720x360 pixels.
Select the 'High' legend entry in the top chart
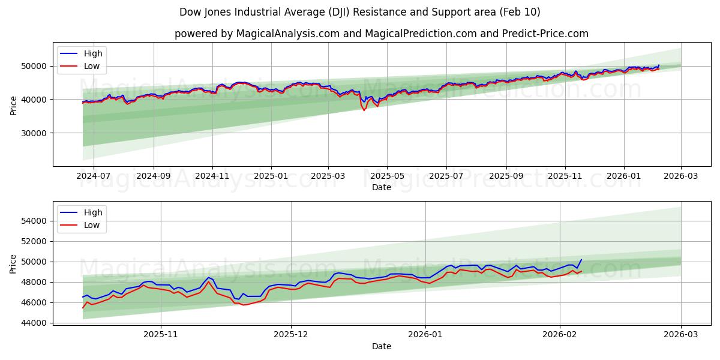[x=93, y=53]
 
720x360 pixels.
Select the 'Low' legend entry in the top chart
[x=92, y=66]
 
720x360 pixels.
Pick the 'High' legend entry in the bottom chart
[x=93, y=212]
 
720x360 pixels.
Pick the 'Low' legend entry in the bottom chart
[x=92, y=225]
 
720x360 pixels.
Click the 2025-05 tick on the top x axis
[x=387, y=176]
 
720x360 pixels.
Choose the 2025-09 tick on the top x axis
[x=506, y=176]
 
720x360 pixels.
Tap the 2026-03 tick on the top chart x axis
[x=681, y=176]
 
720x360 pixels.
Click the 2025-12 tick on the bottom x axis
[x=291, y=334]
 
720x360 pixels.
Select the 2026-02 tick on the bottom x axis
[x=560, y=334]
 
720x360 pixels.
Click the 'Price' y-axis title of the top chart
[x=14, y=104]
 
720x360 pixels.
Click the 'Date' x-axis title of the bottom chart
[x=381, y=346]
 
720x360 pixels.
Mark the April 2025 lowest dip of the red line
[x=364, y=110]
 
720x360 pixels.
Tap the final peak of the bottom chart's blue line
[x=581, y=260]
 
